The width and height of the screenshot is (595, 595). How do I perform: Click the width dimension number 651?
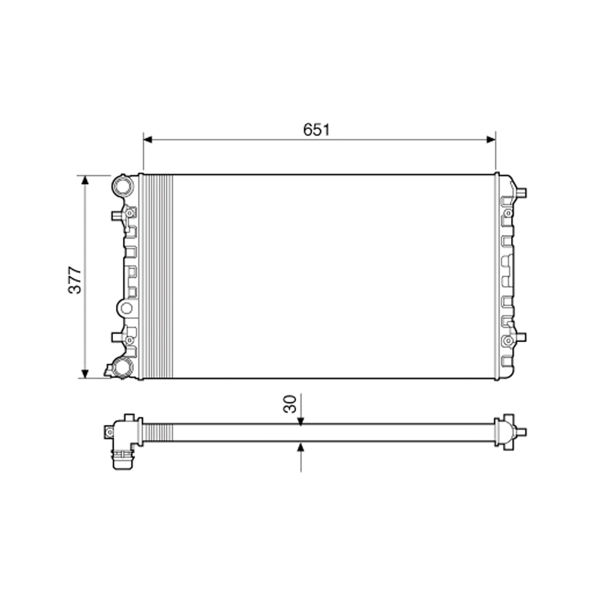coord(316,130)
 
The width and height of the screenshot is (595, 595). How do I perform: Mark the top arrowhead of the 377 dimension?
coord(84,180)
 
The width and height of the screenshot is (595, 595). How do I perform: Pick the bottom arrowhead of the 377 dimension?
coord(84,374)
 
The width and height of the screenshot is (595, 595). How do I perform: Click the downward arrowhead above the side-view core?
coord(301,421)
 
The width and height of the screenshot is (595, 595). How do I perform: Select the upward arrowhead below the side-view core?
coord(301,446)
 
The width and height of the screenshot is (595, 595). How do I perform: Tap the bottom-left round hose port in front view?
coord(124,368)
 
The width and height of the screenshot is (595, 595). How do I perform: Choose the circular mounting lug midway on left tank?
coord(126,308)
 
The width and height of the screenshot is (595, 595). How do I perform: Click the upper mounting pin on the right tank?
coord(521,192)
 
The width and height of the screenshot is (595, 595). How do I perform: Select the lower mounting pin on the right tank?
coord(521,337)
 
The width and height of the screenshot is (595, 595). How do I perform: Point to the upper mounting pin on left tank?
coord(116,215)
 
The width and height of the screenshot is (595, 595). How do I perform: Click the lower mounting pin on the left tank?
coord(116,337)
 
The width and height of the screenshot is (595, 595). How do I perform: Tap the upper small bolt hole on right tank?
coord(508,212)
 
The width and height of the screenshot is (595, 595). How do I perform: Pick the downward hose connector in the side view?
coord(122,459)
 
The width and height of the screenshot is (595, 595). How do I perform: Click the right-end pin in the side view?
coord(521,431)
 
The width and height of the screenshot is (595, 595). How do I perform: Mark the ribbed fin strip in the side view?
coord(158,433)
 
